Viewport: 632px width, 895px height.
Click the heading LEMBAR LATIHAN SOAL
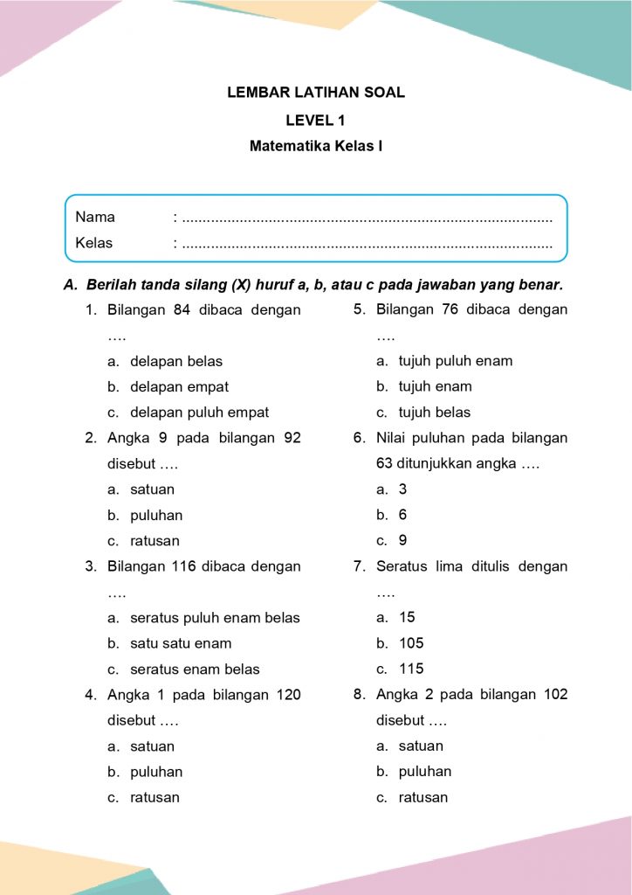coord(316,93)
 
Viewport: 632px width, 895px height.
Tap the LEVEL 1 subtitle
coord(316,120)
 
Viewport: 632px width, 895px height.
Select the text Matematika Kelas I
coord(316,147)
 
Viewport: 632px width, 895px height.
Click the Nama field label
coord(95,217)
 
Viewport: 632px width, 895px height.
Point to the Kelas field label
coord(94,243)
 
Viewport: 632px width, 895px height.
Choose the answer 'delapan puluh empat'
coord(199,413)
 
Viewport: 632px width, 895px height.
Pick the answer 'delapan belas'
coord(176,361)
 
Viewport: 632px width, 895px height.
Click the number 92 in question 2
coord(292,438)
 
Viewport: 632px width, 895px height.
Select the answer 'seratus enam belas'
coord(195,670)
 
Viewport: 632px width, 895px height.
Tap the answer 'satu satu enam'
coord(181,643)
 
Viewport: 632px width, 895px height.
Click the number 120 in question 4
coord(288,695)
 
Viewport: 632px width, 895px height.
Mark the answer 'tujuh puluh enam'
coord(456,361)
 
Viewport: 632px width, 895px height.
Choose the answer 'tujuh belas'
coord(435,413)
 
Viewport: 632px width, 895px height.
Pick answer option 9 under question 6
coord(402,541)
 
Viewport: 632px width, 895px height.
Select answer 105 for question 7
coord(411,643)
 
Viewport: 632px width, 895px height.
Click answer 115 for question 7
coord(411,669)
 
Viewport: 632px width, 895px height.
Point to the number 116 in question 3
coord(183,566)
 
